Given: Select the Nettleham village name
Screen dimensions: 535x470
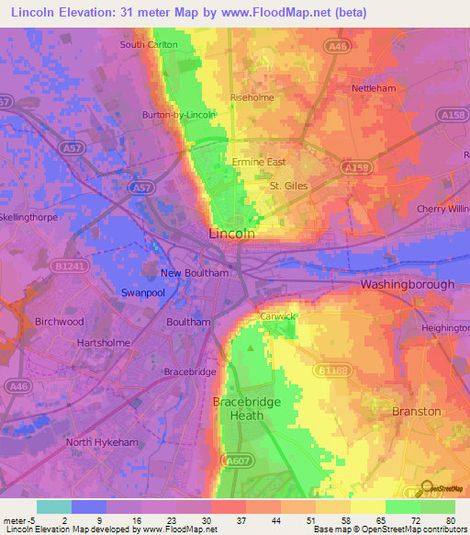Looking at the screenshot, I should pyautogui.click(x=375, y=89).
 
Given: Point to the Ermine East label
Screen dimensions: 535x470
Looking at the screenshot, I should pyautogui.click(x=258, y=162).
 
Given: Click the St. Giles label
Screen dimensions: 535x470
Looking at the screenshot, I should pyautogui.click(x=288, y=185).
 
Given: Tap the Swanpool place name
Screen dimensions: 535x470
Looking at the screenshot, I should pyautogui.click(x=142, y=292).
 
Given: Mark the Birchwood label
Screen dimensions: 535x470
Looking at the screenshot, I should pyautogui.click(x=59, y=322).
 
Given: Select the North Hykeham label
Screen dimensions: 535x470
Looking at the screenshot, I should pyautogui.click(x=101, y=442).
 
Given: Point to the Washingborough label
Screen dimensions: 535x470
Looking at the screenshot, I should pyautogui.click(x=407, y=285).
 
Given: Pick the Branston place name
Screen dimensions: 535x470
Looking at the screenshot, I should pyautogui.click(x=416, y=411).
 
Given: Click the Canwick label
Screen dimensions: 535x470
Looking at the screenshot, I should pyautogui.click(x=277, y=316).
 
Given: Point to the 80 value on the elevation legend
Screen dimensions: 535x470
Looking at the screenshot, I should pyautogui.click(x=450, y=519).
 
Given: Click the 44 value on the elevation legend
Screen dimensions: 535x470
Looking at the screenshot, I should pyautogui.click(x=275, y=519).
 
